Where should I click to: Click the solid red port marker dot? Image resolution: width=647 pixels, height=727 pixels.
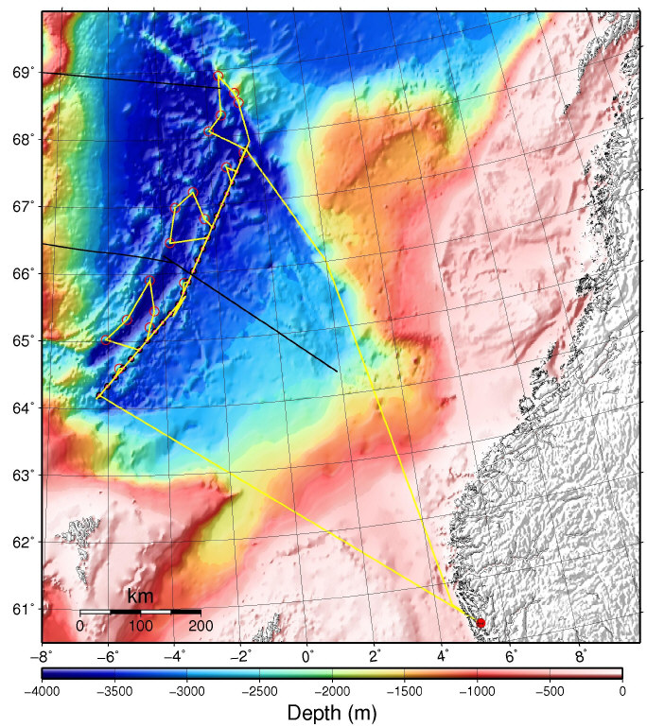481,623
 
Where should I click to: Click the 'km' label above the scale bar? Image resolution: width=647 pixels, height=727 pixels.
140,597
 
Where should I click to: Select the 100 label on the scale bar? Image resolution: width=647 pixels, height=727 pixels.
140,626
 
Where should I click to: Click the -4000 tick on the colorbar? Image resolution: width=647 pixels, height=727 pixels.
42,691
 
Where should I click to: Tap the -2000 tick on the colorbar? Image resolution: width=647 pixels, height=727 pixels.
332,691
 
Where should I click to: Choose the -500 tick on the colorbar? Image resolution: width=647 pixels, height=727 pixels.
550,691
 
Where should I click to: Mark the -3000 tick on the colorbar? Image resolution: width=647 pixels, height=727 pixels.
186,691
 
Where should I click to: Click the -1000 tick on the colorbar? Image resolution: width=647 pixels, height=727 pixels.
477,691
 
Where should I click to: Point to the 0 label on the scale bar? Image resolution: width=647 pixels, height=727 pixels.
80,626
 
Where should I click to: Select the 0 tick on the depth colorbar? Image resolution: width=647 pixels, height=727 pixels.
621,691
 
